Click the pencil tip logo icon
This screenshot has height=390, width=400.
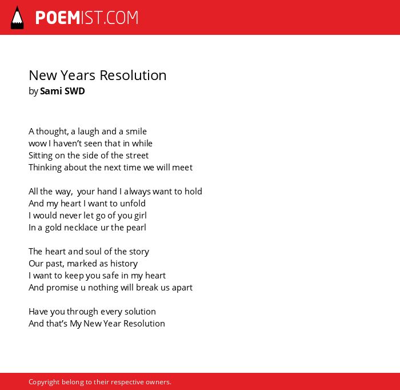tap(17, 18)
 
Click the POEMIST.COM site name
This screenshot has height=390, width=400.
tap(87, 18)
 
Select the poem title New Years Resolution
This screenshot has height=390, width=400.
tap(98, 75)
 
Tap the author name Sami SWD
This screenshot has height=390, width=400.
tap(62, 91)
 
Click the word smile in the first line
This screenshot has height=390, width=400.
tap(136, 132)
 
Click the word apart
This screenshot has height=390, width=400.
tap(182, 288)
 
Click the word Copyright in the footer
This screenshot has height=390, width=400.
tap(44, 382)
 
